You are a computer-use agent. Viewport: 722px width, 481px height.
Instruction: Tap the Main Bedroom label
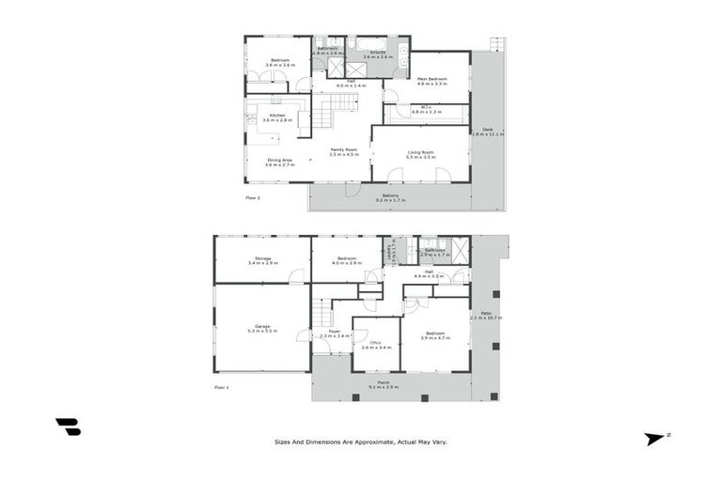432,79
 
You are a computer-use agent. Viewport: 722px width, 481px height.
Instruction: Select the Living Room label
421,151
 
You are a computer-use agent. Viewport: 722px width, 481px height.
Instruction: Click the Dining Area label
279,160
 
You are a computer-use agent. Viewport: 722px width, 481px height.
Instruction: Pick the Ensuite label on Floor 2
377,53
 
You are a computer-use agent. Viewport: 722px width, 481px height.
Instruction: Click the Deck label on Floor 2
487,130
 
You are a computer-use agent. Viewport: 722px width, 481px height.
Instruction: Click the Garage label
262,326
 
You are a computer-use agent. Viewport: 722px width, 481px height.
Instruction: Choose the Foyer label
334,332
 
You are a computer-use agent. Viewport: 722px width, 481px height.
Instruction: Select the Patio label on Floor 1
487,313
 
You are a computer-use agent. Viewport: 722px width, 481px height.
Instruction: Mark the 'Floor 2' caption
253,198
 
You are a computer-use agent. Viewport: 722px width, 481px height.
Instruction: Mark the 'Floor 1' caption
222,386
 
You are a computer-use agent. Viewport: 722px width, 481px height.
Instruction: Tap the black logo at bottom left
69,427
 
